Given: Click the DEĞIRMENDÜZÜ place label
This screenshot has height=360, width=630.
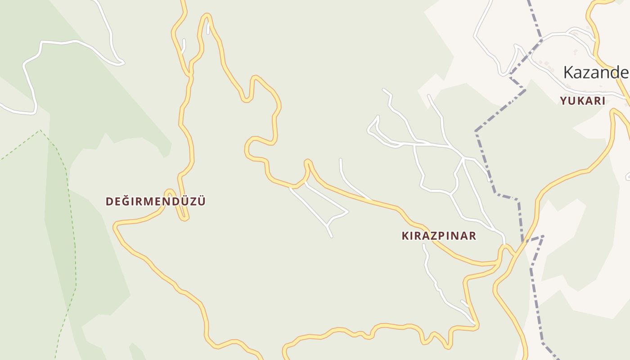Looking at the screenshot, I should [x=156, y=201].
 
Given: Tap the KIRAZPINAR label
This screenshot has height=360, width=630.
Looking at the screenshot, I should [x=439, y=236].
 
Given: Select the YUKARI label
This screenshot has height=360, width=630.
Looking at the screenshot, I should [x=583, y=101].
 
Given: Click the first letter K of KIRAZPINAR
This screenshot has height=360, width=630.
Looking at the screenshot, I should [x=405, y=236].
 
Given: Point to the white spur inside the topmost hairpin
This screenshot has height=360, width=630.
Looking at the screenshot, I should [x=208, y=28].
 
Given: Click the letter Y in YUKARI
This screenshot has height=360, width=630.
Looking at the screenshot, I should [x=563, y=101].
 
